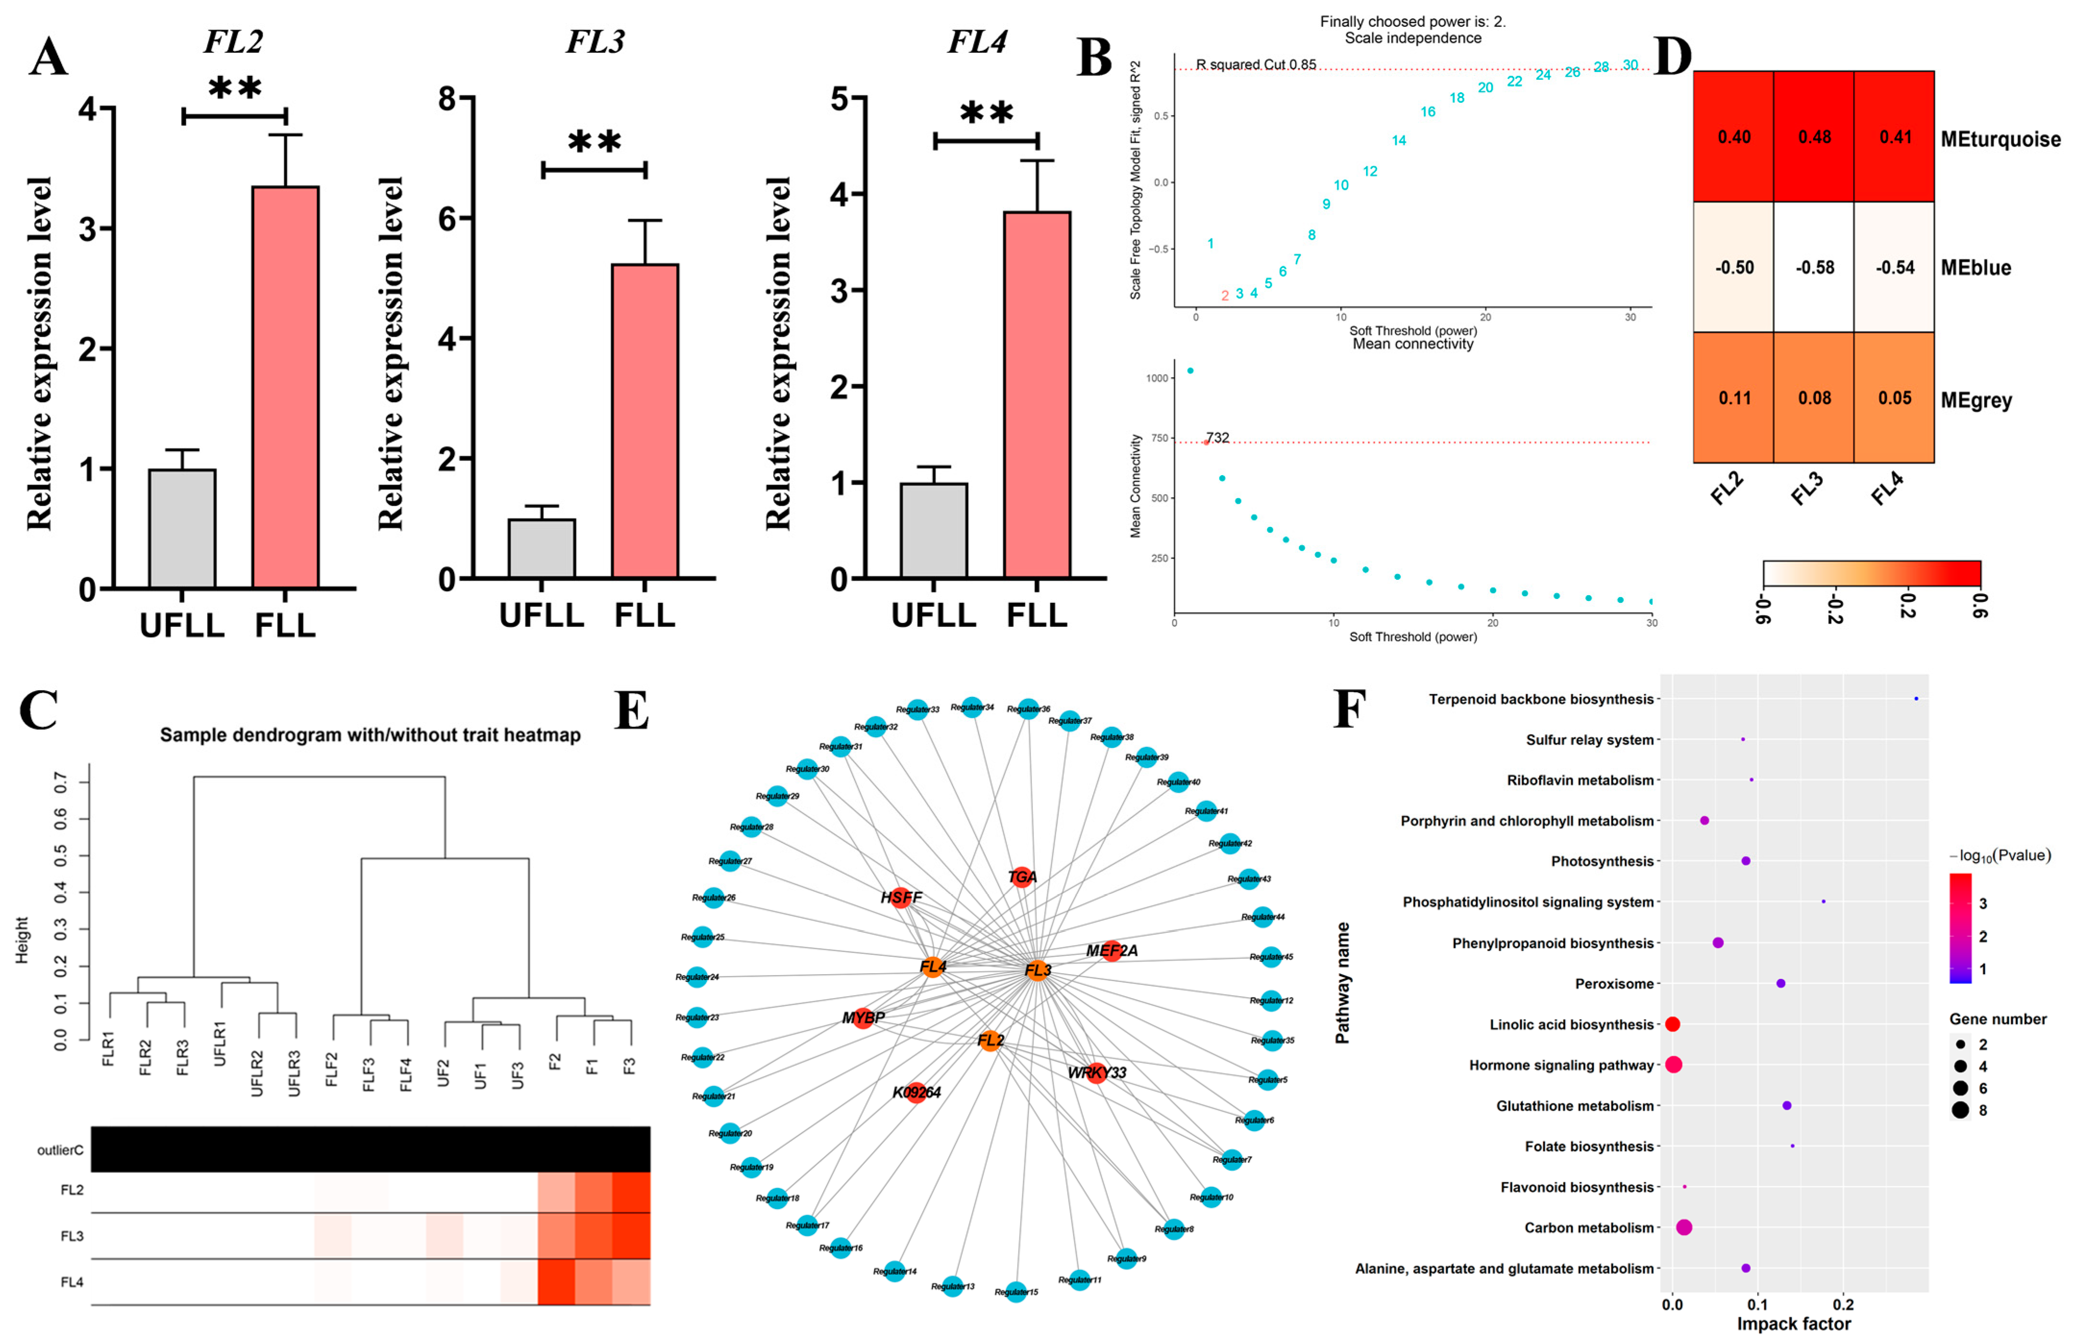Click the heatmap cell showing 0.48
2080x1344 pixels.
point(1814,137)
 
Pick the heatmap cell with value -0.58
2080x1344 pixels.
point(1814,267)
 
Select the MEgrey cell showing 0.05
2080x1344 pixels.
point(1894,398)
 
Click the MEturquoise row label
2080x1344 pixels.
point(2000,140)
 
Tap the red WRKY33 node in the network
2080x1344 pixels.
point(1097,1073)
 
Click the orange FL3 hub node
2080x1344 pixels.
point(1037,970)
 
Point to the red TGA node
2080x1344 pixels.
point(1022,877)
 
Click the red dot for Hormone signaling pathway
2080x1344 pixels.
point(1673,1065)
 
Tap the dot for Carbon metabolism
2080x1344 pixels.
point(1684,1227)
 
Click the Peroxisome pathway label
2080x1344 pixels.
point(1614,984)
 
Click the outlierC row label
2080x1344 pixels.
point(60,1150)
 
